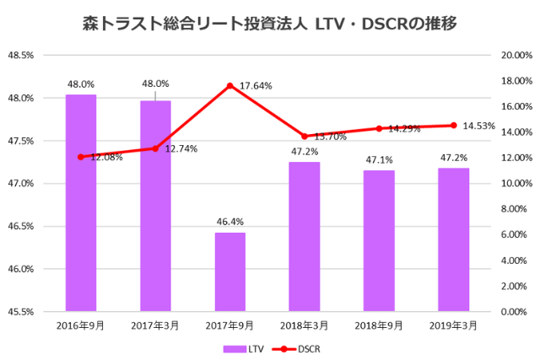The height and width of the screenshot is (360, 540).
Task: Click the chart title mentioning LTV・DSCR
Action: pyautogui.click(x=270, y=23)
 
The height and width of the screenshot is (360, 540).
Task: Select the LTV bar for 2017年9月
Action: pyautogui.click(x=229, y=271)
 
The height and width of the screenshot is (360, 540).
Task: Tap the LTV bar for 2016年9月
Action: pyautogui.click(x=81, y=202)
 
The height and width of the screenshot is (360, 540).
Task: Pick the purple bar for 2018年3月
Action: pyautogui.click(x=304, y=236)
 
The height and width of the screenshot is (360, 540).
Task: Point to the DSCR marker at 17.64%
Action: pyautogui.click(x=229, y=85)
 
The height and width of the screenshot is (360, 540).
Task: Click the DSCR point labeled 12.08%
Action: pyautogui.click(x=81, y=157)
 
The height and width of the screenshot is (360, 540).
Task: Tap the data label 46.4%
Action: pyautogui.click(x=229, y=223)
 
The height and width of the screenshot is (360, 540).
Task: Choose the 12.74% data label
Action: pyautogui.click(x=181, y=148)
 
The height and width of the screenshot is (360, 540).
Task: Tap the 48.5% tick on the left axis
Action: pyautogui.click(x=20, y=56)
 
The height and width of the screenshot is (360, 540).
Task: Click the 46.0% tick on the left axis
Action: pyautogui.click(x=20, y=269)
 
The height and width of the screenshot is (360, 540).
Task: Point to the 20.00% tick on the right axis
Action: pyautogui.click(x=515, y=56)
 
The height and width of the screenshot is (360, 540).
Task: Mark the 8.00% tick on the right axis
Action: pyautogui.click(x=515, y=209)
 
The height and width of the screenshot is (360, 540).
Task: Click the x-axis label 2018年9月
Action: pyautogui.click(x=379, y=325)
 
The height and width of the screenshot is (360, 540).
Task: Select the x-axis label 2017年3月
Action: pyautogui.click(x=155, y=325)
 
